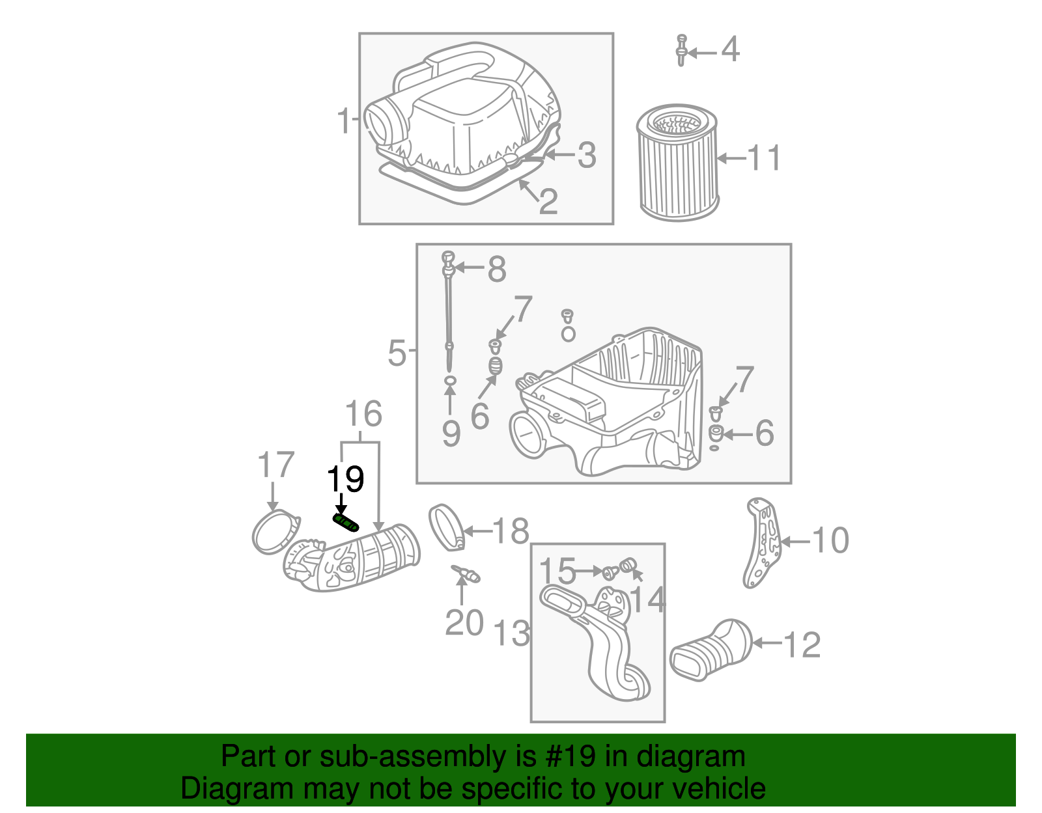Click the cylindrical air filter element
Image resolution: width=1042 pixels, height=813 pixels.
click(677, 163)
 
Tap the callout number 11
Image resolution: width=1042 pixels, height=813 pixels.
click(764, 158)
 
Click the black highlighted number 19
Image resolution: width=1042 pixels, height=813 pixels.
click(345, 480)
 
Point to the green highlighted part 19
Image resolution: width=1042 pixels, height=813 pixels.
click(346, 522)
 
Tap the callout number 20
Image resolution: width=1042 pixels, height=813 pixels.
click(464, 622)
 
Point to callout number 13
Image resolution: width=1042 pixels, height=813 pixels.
click(512, 633)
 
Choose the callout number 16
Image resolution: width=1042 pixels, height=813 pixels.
click(363, 414)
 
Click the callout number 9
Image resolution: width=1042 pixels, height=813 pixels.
click(451, 434)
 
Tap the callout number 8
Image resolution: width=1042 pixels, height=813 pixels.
click(497, 268)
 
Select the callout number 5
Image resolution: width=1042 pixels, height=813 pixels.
click(397, 353)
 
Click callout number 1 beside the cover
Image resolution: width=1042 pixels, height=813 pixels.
click(344, 121)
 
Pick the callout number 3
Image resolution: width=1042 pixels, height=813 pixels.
click(586, 155)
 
